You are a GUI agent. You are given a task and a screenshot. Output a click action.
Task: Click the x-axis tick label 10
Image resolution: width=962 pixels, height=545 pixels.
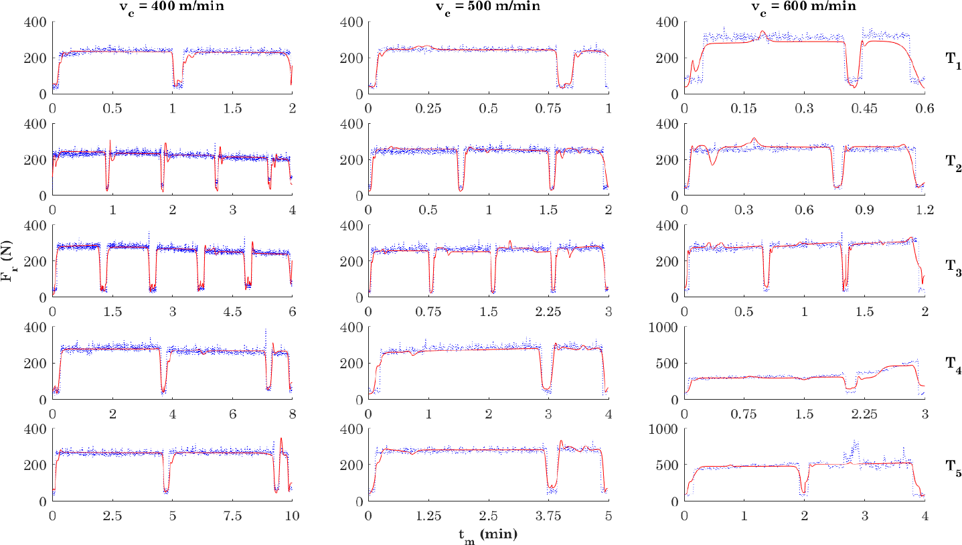pyautogui.click(x=292, y=516)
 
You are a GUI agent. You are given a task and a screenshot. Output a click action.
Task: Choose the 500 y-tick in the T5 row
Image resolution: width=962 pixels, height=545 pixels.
pyautogui.click(x=669, y=465)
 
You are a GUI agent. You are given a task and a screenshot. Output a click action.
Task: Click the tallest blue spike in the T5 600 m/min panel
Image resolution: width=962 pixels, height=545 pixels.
pyautogui.click(x=854, y=442)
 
